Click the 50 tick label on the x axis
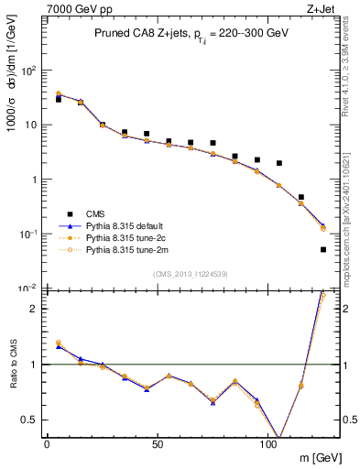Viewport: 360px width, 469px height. point(158,445)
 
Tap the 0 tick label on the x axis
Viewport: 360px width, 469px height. point(47,445)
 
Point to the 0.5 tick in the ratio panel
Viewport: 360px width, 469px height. point(30,420)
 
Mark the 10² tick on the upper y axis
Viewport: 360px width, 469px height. point(29,70)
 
